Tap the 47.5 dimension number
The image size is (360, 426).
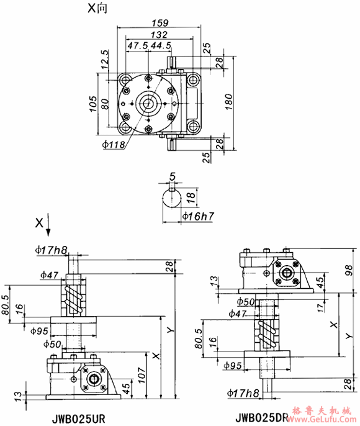tap(138, 46)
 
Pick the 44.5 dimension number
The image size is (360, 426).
tap(161, 46)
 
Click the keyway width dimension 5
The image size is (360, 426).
tap(172, 177)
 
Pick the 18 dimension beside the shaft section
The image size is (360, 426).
tap(193, 199)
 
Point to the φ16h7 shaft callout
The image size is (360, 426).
tap(199, 217)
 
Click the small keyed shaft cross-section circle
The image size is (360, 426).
tap(172, 199)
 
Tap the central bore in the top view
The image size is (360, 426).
tap(148, 102)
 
